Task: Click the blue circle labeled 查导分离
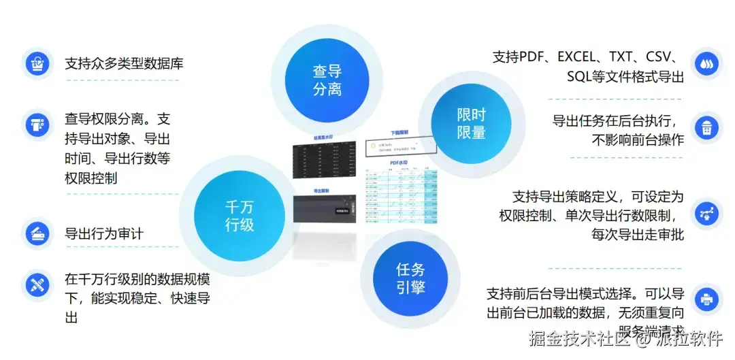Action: click(327, 80)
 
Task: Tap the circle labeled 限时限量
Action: click(471, 124)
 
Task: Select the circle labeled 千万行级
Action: click(239, 216)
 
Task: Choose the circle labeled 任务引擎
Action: click(410, 278)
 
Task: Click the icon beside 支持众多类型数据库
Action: click(36, 64)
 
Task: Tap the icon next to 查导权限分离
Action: click(36, 125)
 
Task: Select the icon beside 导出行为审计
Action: click(36, 233)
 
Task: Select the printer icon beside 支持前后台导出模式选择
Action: click(706, 298)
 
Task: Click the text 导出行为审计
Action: click(104, 234)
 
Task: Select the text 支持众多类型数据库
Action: click(124, 64)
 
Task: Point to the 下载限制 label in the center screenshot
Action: click(399, 133)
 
